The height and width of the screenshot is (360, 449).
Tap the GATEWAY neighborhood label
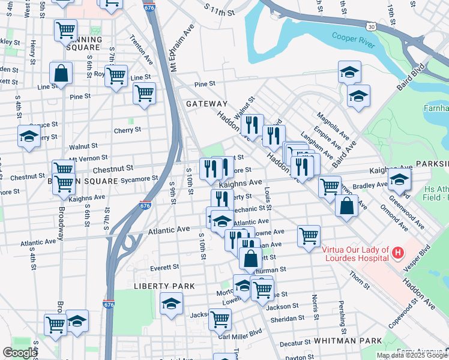coord(206,104)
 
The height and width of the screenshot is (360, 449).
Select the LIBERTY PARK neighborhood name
coord(164,286)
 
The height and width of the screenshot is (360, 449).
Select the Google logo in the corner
coord(20,353)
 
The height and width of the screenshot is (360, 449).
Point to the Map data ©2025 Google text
coord(412,355)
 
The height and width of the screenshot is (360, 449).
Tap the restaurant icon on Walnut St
coord(252,125)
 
